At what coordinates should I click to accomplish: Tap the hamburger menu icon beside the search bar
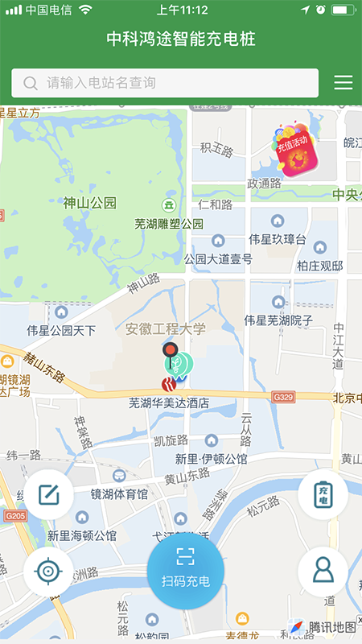[x=343, y=83]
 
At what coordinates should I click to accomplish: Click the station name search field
[x=165, y=83]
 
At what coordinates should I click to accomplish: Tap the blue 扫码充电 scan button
[x=185, y=571]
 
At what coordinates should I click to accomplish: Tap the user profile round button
[x=323, y=571]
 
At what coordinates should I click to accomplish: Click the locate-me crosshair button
[x=48, y=572]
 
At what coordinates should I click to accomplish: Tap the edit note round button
[x=48, y=494]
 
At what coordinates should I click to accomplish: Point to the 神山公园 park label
[x=90, y=203]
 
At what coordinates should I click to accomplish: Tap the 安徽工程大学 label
[x=166, y=328]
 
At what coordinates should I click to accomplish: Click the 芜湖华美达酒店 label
[x=169, y=402]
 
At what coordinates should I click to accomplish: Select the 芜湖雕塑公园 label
[x=169, y=223]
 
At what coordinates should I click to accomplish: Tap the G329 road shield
[x=283, y=397]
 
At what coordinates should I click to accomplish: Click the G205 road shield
[x=13, y=515]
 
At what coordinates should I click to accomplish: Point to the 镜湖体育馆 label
[x=119, y=493]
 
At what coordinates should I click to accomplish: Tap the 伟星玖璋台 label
[x=278, y=239]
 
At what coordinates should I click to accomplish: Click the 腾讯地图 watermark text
[x=332, y=627]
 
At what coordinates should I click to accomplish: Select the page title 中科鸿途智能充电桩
[x=181, y=39]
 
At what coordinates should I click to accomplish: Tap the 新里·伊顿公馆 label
[x=212, y=459]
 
